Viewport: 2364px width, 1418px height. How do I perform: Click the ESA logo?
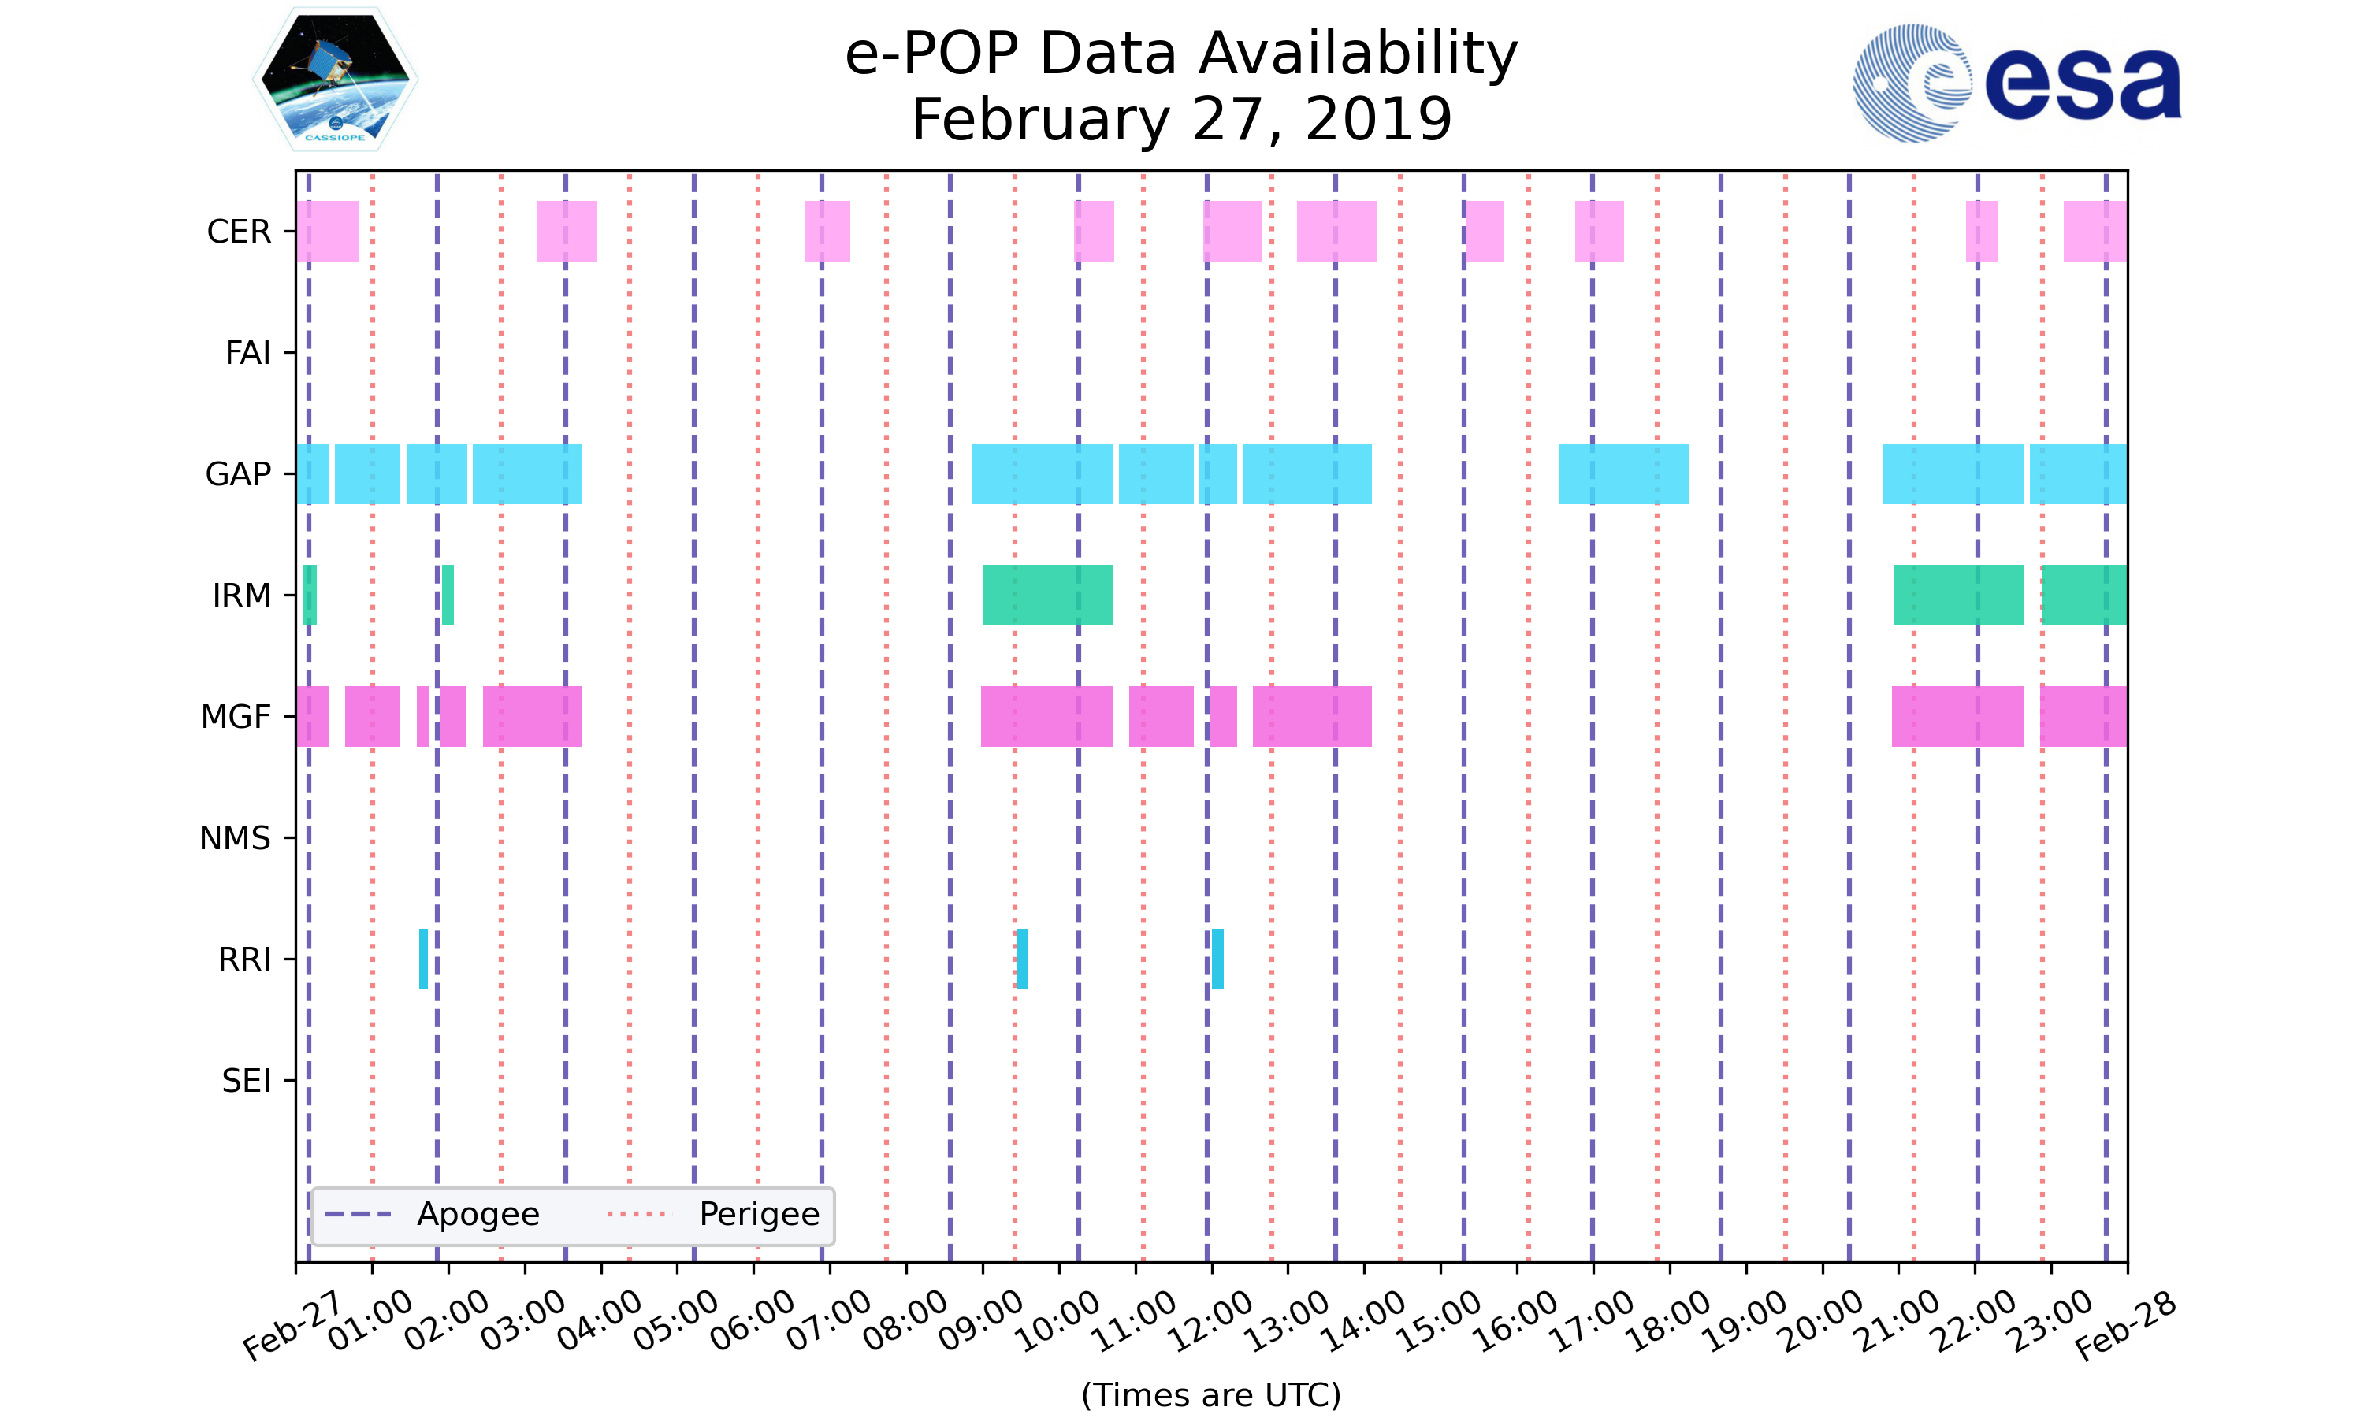pos(2016,84)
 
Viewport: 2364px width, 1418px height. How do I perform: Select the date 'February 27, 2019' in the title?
pos(1181,120)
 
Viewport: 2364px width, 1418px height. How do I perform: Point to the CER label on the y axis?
pos(239,232)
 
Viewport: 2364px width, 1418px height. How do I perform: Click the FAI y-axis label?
pos(247,353)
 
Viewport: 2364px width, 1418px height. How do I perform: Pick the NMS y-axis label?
pos(235,838)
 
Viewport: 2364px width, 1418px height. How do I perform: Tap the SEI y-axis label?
pos(247,1081)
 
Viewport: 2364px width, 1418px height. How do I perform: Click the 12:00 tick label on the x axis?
pos(1212,1321)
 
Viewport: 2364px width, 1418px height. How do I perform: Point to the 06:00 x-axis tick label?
pos(753,1321)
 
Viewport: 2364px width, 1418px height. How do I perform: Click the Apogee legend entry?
pos(478,1215)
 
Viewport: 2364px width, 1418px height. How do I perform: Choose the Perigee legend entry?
pos(759,1215)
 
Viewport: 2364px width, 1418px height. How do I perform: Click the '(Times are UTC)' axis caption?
pos(1210,1395)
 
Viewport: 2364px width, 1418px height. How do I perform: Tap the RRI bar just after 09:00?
pos(1021,959)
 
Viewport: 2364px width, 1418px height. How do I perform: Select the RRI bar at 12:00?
pos(1217,959)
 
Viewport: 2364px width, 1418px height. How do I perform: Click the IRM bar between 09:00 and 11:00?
pos(1047,596)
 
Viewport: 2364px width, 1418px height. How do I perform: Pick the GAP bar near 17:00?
pos(1623,474)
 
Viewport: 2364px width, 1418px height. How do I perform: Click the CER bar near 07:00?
pos(827,232)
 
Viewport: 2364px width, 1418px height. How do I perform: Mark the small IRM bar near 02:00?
pos(448,596)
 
